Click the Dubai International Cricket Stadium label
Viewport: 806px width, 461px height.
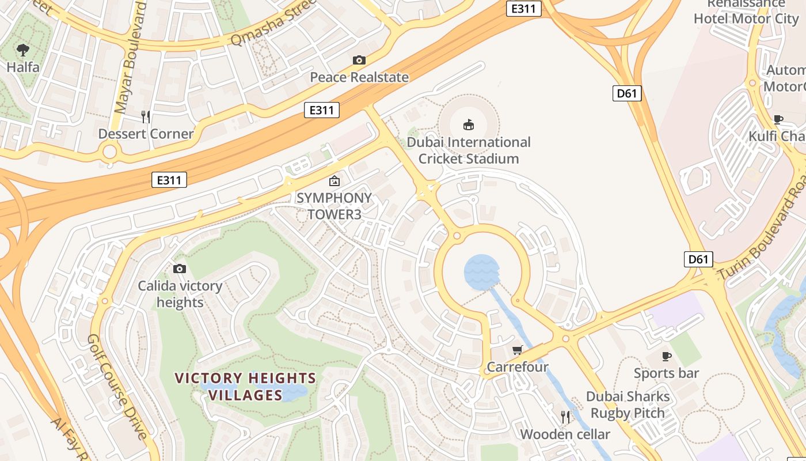click(469, 150)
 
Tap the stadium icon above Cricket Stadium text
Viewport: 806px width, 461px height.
click(469, 124)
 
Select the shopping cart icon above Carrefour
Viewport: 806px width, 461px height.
click(517, 350)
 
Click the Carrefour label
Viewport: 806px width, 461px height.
click(518, 367)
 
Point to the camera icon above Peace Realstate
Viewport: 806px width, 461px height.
click(359, 60)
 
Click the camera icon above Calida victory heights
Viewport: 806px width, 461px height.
click(180, 269)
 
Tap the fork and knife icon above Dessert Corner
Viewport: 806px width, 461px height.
click(146, 117)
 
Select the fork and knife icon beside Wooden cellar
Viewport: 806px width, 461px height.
click(565, 417)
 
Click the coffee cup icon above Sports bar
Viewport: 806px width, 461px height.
click(666, 356)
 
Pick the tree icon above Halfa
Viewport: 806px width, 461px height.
click(23, 50)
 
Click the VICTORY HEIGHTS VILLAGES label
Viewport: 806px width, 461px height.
click(245, 387)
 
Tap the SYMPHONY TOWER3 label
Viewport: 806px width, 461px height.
click(334, 206)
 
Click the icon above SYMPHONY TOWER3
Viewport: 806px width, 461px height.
click(334, 181)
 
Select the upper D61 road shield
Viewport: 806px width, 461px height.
click(626, 93)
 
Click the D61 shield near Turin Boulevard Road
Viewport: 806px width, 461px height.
click(698, 259)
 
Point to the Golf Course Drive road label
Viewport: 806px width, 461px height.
click(117, 386)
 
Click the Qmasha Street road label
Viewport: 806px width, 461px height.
click(273, 24)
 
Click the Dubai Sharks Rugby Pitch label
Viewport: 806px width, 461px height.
click(628, 405)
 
